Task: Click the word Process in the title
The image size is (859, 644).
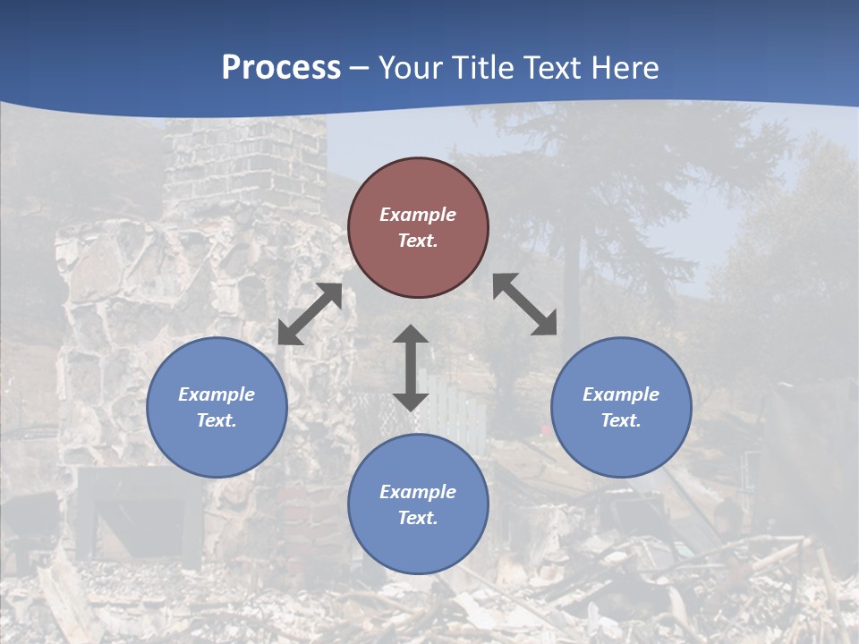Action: [x=281, y=68]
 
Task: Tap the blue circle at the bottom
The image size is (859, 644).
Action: [x=418, y=537]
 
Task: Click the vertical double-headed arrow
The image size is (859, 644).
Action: [x=411, y=368]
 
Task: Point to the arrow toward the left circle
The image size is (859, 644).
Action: [x=310, y=314]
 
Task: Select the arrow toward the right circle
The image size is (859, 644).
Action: [x=525, y=304]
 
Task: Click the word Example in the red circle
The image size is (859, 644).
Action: [x=418, y=215]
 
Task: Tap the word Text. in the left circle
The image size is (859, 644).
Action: [x=217, y=420]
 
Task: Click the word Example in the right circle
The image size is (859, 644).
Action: [x=621, y=394]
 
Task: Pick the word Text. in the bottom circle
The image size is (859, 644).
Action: [x=418, y=518]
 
